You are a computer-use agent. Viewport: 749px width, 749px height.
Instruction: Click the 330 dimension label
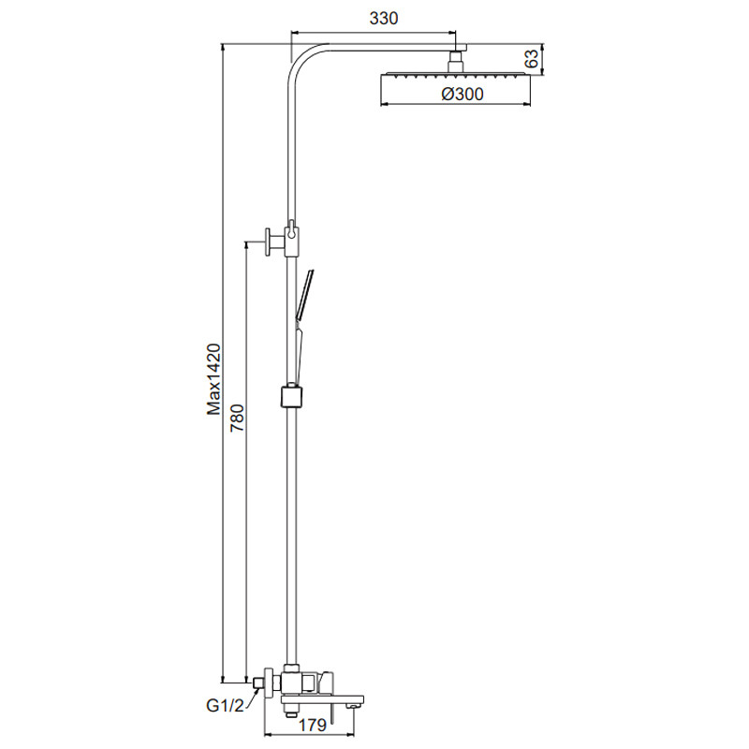click(x=384, y=18)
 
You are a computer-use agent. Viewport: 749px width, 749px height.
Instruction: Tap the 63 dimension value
click(x=531, y=59)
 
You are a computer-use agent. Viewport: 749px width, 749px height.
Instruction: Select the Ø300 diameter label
click(x=462, y=94)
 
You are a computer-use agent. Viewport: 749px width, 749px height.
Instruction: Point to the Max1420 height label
click(x=213, y=379)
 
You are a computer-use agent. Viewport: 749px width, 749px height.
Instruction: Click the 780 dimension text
click(x=238, y=418)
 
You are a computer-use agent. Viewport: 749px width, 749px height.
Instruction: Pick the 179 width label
click(x=313, y=725)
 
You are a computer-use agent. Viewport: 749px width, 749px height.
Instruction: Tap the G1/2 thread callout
click(x=225, y=706)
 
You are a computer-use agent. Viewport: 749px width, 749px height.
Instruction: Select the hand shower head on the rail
click(x=305, y=294)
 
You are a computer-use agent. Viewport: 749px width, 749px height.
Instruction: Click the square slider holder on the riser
click(x=291, y=396)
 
